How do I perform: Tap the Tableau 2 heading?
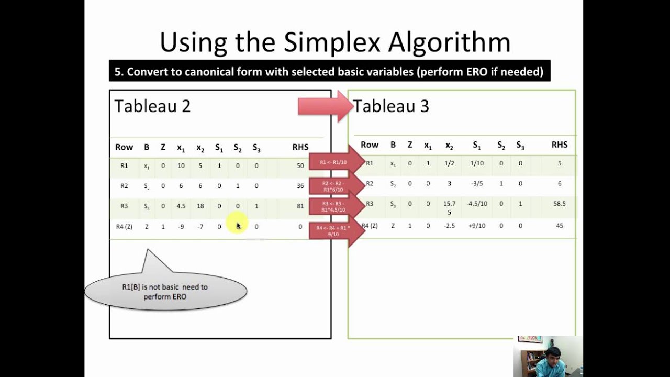coord(152,106)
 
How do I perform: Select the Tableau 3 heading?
coord(392,106)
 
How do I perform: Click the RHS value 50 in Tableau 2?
coord(300,166)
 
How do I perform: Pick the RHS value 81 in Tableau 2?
coord(300,206)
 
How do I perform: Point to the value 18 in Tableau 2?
coord(200,206)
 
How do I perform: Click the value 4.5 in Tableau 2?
coord(181,206)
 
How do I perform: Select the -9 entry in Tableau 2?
coord(181,227)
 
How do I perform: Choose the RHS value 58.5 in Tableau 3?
coord(560,204)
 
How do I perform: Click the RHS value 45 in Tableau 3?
coord(560,226)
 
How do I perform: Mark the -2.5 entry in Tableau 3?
coord(449,226)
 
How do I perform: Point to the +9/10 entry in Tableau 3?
coord(477,226)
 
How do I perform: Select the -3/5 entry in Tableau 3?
coord(477,184)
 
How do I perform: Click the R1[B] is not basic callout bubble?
coord(165,292)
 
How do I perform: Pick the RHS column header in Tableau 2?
coord(300,148)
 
